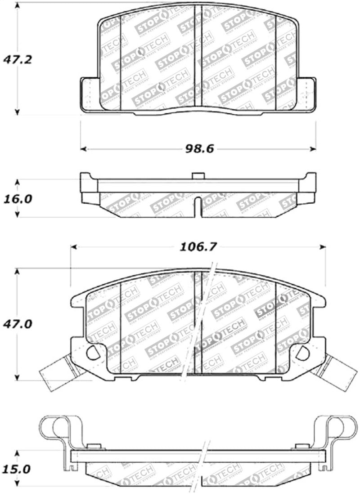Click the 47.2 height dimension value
click(18, 59)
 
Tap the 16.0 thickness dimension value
click(18, 198)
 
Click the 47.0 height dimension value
click(18, 324)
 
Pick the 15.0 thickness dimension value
click(18, 469)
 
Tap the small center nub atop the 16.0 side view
click(198, 176)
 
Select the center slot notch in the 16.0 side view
click(198, 207)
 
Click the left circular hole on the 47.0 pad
click(93, 353)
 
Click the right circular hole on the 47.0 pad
click(302, 353)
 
